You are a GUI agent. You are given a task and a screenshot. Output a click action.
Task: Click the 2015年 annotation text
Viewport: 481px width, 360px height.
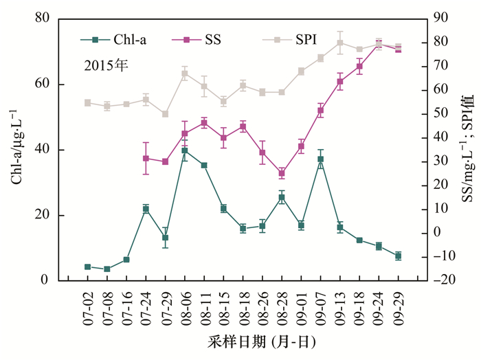click(107, 66)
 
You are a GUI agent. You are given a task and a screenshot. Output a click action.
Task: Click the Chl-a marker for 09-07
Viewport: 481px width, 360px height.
click(320, 159)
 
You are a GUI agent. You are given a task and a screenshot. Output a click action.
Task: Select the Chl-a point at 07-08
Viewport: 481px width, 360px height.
click(107, 269)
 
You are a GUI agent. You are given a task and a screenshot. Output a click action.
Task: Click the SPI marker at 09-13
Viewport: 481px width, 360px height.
click(339, 43)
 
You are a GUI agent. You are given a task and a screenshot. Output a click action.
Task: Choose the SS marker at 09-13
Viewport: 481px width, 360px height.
click(339, 82)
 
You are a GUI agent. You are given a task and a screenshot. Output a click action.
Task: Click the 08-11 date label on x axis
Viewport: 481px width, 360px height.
click(204, 307)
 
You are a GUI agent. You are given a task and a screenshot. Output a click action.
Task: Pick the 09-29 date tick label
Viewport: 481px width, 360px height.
click(398, 307)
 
